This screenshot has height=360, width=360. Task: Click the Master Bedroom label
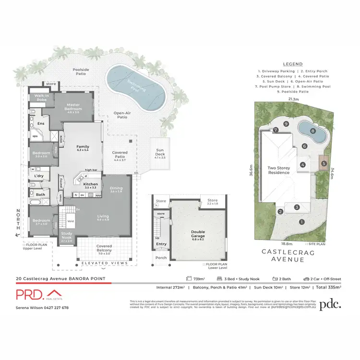(x=73, y=107)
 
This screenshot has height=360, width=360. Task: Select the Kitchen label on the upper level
(x=91, y=184)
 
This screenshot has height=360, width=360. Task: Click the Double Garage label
(x=198, y=234)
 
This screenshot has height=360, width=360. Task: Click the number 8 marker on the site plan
(x=312, y=130)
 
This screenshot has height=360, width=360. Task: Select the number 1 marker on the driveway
(x=301, y=222)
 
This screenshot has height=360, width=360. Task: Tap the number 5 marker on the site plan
(x=324, y=164)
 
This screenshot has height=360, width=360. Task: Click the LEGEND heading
(x=292, y=64)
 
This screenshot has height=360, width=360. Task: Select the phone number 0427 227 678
(x=56, y=308)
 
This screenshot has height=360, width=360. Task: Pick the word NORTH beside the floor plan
(x=18, y=221)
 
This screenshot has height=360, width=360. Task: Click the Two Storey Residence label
(x=280, y=170)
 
